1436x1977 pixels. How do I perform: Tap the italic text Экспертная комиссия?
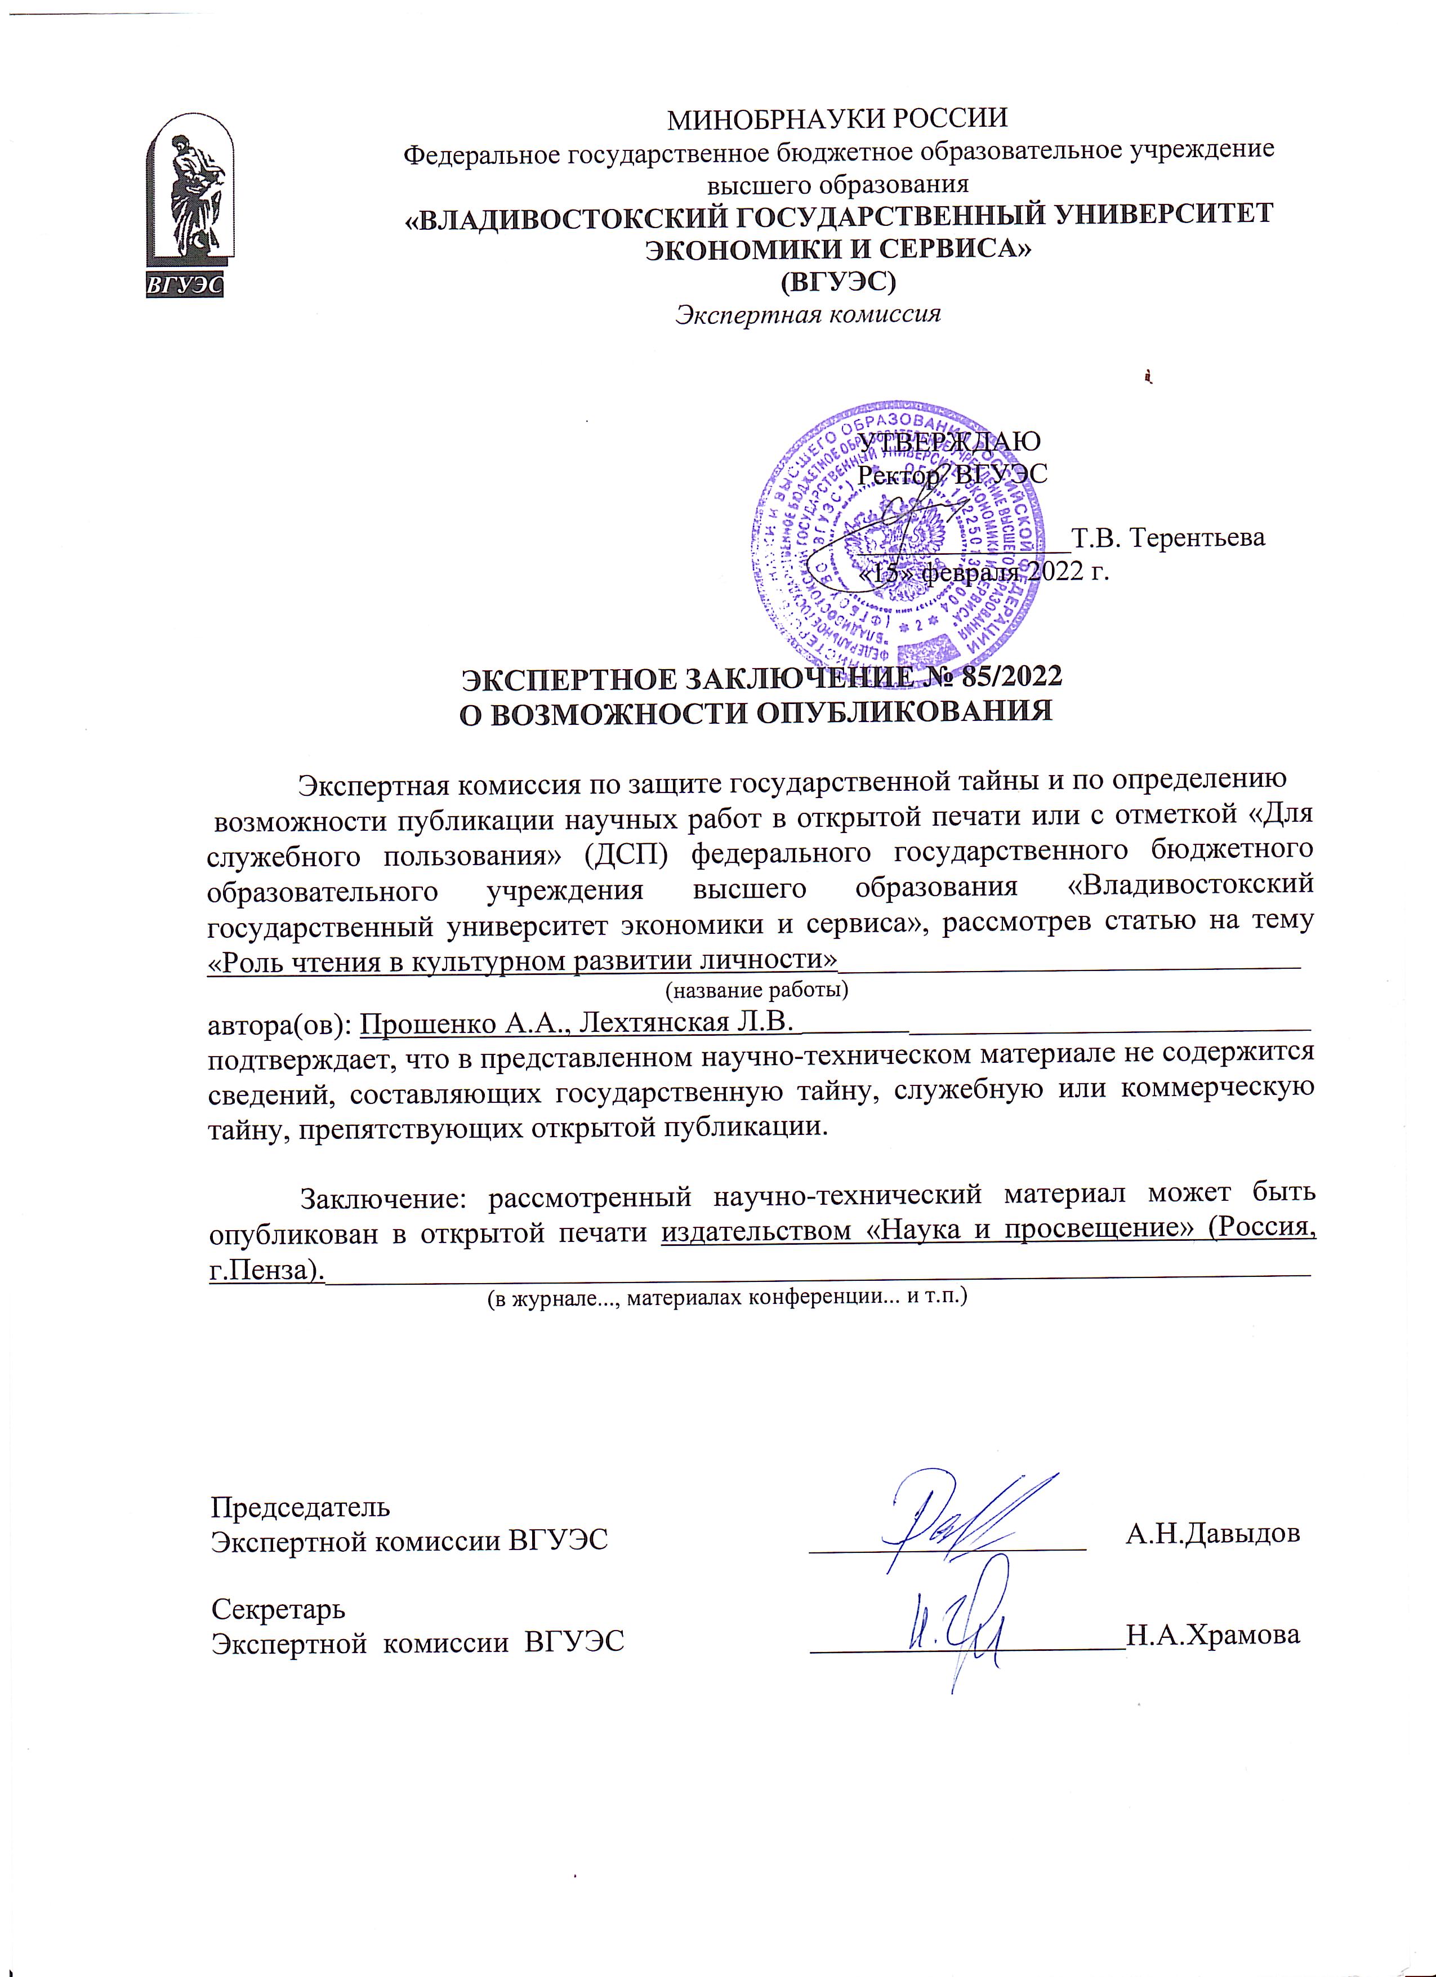[809, 314]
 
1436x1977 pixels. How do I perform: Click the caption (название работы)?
[756, 990]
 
